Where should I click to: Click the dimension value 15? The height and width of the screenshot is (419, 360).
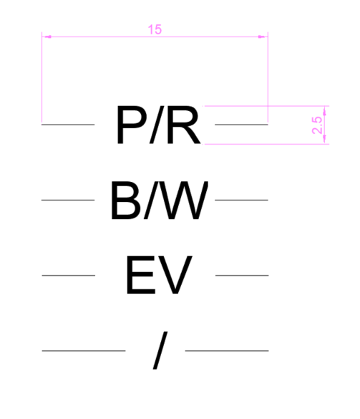coord(155,29)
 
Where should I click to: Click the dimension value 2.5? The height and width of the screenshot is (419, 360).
coord(317,125)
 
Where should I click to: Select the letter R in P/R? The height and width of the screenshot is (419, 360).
coord(183,125)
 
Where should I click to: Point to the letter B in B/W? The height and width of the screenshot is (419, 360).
coord(125,200)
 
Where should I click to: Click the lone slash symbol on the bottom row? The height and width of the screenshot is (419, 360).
coord(160,350)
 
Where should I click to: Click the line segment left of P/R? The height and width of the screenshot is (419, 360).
coord(68,125)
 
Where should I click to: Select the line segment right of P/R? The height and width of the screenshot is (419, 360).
coord(241,125)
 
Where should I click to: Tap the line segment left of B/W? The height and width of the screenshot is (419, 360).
coord(68,200)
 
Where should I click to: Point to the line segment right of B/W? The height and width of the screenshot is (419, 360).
coord(241,200)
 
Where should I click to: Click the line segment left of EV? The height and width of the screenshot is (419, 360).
coord(69,275)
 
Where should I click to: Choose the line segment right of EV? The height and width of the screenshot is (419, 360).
coord(242,275)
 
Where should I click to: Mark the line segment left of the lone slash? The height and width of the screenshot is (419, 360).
coord(84,350)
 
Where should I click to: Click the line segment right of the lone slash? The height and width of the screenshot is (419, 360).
coord(227,350)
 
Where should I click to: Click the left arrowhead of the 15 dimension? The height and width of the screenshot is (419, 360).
coord(47,37)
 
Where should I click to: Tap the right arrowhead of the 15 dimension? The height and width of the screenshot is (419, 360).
coord(263,37)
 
